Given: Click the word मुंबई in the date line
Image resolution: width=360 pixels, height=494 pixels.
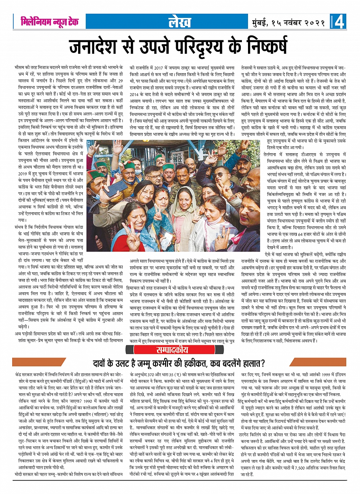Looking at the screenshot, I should (262, 22).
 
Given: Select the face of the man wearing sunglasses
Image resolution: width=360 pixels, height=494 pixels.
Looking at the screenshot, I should (221, 176).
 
